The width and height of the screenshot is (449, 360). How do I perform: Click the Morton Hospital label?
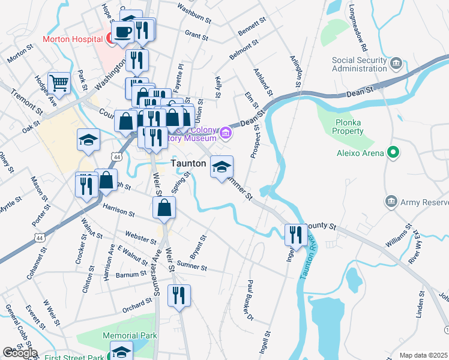pyautogui.click(x=71, y=40)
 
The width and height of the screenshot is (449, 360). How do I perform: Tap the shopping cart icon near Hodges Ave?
pyautogui.click(x=59, y=82)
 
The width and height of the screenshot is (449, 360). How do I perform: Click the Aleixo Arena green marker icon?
pyautogui.click(x=394, y=153)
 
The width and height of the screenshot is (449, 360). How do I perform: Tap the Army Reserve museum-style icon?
pyautogui.click(x=391, y=200)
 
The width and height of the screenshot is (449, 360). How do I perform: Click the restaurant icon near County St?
pyautogui.click(x=296, y=233)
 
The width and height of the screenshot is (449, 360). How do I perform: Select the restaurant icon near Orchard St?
pyautogui.click(x=179, y=295)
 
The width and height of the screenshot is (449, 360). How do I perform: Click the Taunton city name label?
pyautogui.click(x=189, y=163)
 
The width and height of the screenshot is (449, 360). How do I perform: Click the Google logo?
pyautogui.click(x=20, y=353)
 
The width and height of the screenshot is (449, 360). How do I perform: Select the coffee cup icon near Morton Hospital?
pyautogui.click(x=123, y=31)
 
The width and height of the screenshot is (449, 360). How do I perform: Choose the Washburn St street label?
pyautogui.click(x=194, y=13)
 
